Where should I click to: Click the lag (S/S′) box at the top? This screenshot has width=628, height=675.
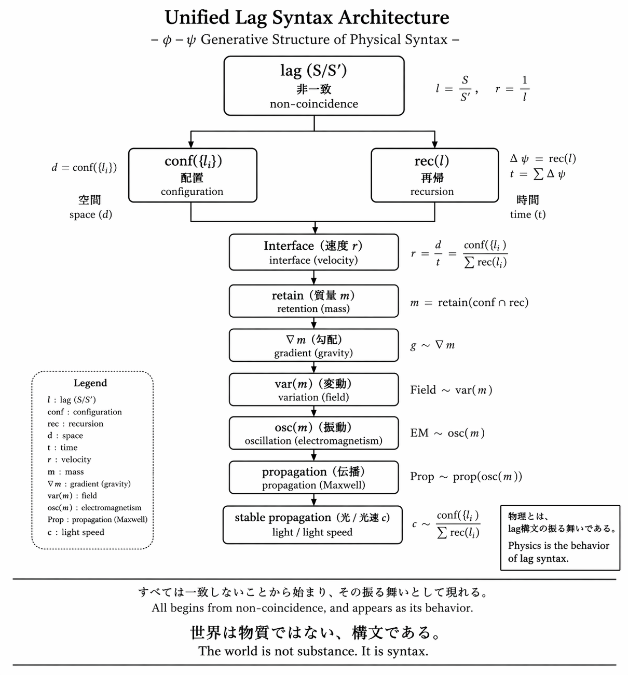[313, 86]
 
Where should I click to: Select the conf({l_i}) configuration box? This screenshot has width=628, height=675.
[193, 176]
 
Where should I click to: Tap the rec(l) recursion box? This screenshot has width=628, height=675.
[434, 176]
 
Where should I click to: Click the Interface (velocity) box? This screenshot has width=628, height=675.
[313, 252]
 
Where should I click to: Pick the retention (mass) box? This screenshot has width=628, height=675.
[313, 301]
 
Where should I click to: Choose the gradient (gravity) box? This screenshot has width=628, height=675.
[313, 345]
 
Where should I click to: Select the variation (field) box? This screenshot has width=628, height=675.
[313, 389]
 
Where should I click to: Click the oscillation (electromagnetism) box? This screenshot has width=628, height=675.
[313, 433]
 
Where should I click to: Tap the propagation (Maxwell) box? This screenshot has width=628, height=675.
[313, 477]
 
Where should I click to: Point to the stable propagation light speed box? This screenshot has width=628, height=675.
[312, 524]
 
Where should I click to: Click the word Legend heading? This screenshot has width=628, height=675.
[90, 383]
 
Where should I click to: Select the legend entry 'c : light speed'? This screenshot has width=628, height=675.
[76, 532]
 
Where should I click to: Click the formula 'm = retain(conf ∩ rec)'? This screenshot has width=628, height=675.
[469, 303]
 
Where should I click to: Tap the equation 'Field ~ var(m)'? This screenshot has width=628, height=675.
[451, 390]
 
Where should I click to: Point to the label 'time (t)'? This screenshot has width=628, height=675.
[527, 214]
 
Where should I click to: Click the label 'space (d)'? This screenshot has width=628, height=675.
[90, 214]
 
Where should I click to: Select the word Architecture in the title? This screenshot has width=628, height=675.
[394, 18]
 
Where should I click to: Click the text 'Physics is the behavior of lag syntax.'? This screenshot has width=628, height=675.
[558, 552]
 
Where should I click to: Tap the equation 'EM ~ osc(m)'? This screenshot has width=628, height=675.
[447, 433]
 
